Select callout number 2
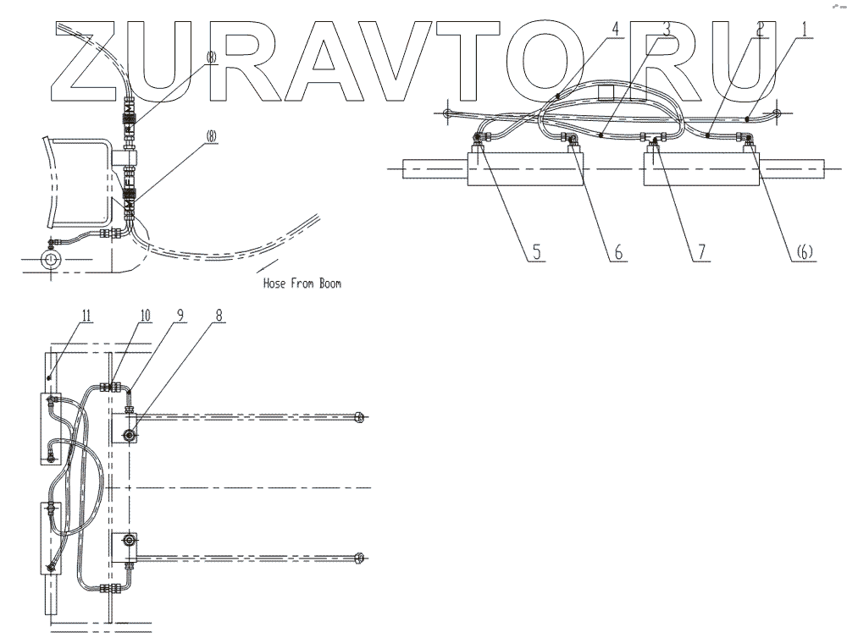761,28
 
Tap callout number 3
667,28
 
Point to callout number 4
616,28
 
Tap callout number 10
145,316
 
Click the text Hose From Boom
302,284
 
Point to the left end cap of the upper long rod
360,417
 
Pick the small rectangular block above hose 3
606,91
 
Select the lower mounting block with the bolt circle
127,546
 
